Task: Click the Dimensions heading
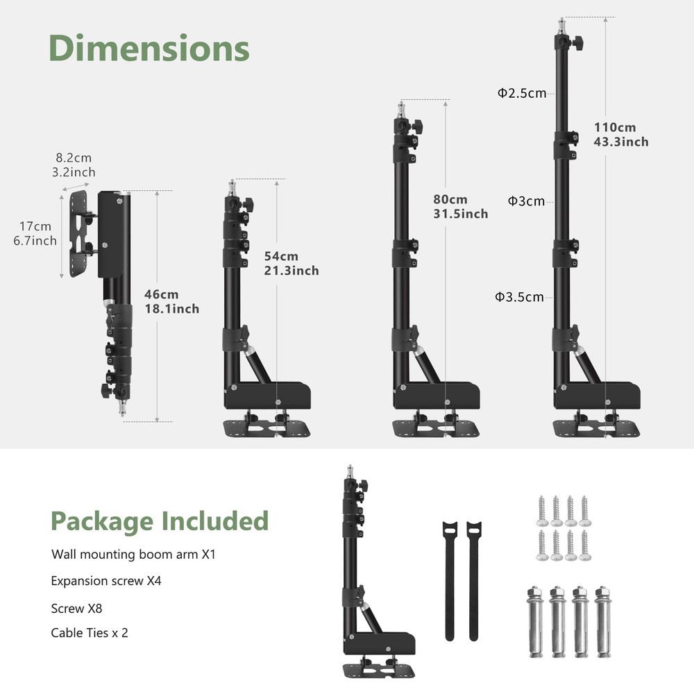pyautogui.click(x=149, y=48)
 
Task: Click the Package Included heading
pyautogui.click(x=160, y=521)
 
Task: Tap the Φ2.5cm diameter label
pyautogui.click(x=522, y=93)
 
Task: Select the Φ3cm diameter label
pyautogui.click(x=526, y=201)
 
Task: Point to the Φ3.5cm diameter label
pyautogui.click(x=519, y=296)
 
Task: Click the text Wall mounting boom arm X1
pyautogui.click(x=133, y=555)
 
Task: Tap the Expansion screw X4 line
pyautogui.click(x=106, y=581)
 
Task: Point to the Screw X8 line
pyautogui.click(x=76, y=609)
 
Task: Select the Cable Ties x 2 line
pyautogui.click(x=90, y=633)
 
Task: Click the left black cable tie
pyautogui.click(x=450, y=581)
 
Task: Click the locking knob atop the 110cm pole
pyautogui.click(x=578, y=42)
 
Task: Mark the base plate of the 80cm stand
pyautogui.click(x=436, y=428)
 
